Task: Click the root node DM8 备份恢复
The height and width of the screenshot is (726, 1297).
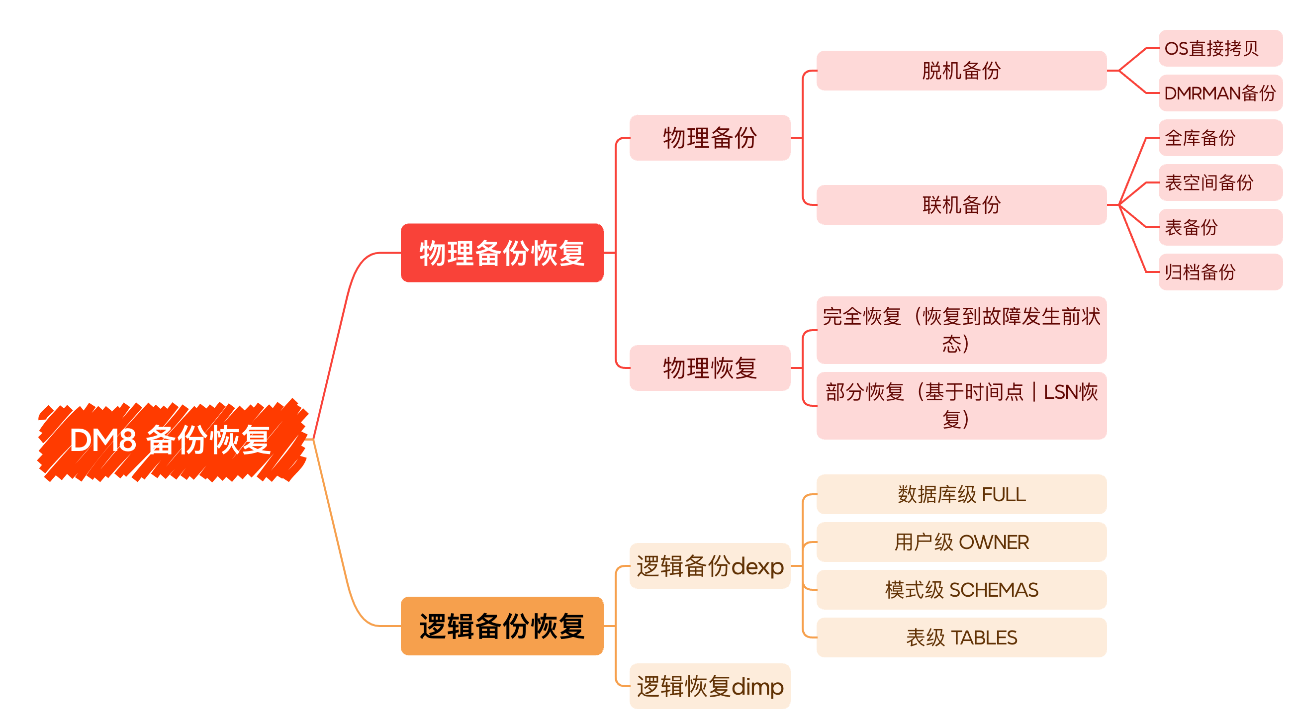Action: coord(171,440)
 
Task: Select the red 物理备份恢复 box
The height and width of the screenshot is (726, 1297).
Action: coord(501,253)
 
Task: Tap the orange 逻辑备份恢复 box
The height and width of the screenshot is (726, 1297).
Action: coord(501,626)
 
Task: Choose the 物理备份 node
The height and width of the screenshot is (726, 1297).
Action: coord(710,137)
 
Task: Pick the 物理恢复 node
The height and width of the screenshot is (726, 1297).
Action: coord(710,367)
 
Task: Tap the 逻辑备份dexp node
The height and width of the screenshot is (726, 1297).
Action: coord(710,566)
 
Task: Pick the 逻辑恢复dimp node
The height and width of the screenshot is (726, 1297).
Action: coord(710,686)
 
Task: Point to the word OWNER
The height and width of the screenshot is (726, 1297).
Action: coord(994,542)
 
